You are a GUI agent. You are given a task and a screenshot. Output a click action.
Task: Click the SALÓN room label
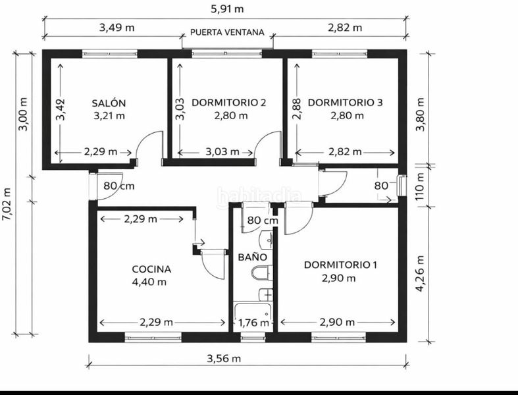point(109,103)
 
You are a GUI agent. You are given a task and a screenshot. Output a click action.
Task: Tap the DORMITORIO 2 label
point(228,103)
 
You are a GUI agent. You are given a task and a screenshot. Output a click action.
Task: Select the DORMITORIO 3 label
point(345,103)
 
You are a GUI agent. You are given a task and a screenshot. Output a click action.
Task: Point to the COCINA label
point(151,269)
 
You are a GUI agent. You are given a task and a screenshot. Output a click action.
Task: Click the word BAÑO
point(252,257)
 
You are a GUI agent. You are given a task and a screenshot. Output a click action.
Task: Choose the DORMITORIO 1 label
point(340,265)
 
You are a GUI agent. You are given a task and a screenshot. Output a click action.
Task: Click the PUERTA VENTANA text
point(227,32)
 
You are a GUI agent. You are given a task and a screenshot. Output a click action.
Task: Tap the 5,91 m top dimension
point(227,9)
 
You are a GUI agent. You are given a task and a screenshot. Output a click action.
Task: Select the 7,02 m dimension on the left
point(7,203)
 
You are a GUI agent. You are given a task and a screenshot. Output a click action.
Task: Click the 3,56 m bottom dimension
point(224,358)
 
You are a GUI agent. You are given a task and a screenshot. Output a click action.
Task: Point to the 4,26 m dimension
point(419,273)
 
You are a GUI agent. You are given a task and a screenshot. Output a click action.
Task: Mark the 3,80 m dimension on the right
point(419,115)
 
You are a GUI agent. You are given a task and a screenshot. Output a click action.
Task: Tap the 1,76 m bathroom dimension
point(253,323)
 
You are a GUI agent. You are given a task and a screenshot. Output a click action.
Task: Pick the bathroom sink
point(267,240)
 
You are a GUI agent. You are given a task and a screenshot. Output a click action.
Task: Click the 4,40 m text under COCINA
point(149,282)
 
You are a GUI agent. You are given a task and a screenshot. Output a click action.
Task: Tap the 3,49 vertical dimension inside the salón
point(61,109)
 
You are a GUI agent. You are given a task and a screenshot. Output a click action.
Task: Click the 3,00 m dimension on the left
point(23,115)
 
